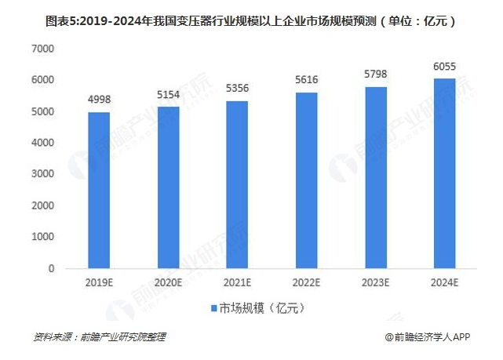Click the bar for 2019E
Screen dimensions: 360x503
click(99, 190)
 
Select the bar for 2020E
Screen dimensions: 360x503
click(168, 187)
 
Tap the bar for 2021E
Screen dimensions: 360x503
click(237, 184)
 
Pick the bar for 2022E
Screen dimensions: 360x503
click(306, 180)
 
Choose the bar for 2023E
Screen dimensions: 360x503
click(375, 177)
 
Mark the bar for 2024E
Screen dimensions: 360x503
click(444, 173)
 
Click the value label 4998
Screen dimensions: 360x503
click(99, 100)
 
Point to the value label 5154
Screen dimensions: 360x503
click(168, 95)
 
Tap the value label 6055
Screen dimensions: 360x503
click(444, 67)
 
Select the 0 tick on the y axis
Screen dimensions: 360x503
click(50, 268)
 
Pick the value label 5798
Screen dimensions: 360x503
click(375, 75)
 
